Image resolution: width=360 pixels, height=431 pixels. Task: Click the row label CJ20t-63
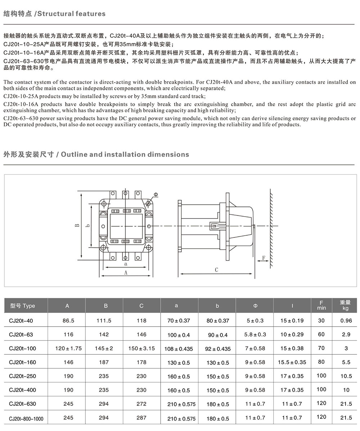[x=21, y=335]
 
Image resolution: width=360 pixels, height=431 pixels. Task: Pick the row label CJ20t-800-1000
[x=26, y=418]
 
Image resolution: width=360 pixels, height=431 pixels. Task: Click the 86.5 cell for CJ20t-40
[x=68, y=321]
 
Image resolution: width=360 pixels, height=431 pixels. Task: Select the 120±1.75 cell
[x=68, y=348]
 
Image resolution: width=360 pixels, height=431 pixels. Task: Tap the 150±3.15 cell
[x=141, y=348]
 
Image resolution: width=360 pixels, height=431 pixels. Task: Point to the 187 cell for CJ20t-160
[x=104, y=362]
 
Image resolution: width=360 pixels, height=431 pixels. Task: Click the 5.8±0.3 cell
[x=255, y=335]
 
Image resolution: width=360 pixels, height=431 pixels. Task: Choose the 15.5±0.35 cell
[x=292, y=362]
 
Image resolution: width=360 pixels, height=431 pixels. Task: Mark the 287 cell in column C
[x=141, y=418]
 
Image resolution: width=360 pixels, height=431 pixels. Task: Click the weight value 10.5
[x=346, y=376]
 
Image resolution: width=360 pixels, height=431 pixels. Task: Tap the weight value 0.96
[x=346, y=321]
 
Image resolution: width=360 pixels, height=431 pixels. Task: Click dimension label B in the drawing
[x=77, y=226]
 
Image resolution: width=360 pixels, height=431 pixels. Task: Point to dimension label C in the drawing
[x=216, y=269]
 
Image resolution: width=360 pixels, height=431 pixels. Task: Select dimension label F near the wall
[x=264, y=258]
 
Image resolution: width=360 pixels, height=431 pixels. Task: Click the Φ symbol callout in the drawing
[x=156, y=195]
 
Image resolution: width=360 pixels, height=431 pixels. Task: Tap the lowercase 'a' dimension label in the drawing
[x=126, y=264]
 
